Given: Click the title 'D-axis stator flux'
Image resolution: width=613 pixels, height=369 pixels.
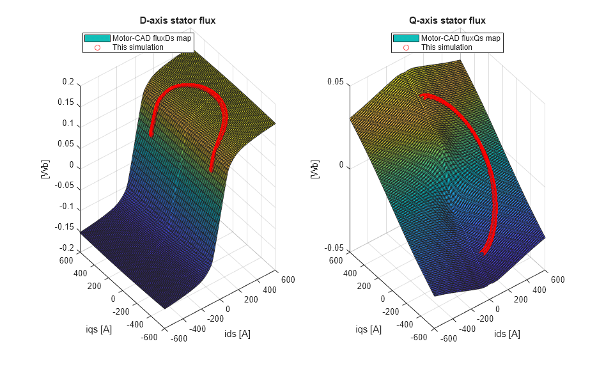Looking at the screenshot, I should (x=178, y=20).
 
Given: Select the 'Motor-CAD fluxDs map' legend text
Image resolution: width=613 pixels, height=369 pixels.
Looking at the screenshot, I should (x=151, y=38).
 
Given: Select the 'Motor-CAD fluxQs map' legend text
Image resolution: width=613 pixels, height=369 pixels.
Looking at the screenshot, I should (x=460, y=38).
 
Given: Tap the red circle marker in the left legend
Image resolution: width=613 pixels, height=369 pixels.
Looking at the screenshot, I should (x=98, y=47).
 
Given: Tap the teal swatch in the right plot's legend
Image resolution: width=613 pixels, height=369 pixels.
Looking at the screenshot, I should (x=406, y=38).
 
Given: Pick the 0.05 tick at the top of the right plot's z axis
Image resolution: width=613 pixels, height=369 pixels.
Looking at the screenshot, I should (x=336, y=82).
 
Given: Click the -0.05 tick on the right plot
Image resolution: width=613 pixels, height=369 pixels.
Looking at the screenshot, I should (x=334, y=249).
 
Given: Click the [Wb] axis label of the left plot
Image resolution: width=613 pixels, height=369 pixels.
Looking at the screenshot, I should (x=45, y=169).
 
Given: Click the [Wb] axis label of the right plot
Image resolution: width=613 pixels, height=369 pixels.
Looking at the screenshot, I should (x=314, y=169).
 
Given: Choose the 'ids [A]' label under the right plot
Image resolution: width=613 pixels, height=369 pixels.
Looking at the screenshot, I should (x=507, y=334).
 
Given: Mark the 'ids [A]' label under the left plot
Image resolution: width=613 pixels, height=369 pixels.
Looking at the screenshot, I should (x=237, y=334).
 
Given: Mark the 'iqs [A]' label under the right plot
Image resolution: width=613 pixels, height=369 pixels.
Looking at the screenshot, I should (x=369, y=329).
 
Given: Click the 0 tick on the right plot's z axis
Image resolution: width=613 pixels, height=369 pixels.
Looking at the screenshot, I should (x=341, y=166).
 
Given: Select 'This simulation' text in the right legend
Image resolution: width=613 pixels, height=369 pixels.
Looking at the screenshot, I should (x=446, y=47).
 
